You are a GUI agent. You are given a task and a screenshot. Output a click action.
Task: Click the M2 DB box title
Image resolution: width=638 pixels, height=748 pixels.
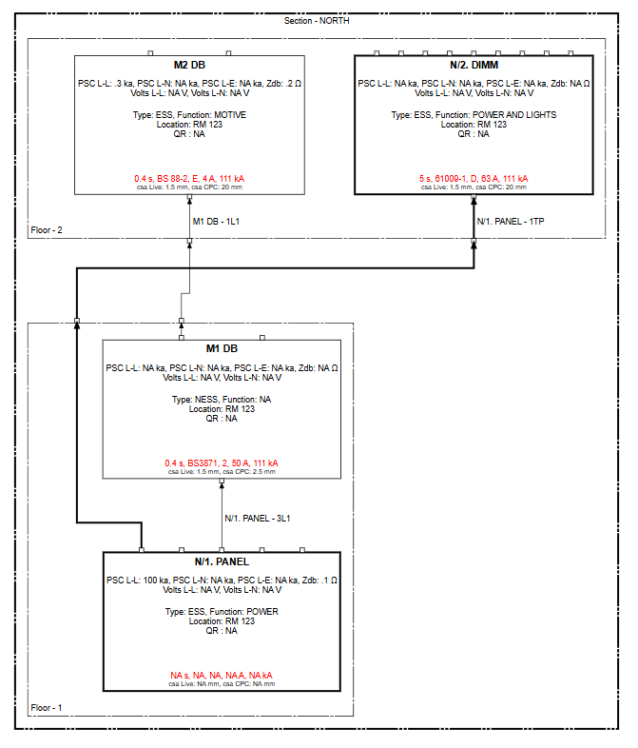[x=190, y=66]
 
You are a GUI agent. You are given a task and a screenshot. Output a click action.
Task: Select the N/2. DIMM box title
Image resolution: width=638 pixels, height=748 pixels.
[x=474, y=66]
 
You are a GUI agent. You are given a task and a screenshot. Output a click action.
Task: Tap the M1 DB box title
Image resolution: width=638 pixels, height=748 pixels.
[x=222, y=348]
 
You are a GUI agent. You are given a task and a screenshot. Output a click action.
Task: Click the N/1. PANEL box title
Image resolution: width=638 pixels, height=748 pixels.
[x=222, y=561]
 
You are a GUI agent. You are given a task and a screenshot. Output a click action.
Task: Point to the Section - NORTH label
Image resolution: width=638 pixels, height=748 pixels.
[x=317, y=21]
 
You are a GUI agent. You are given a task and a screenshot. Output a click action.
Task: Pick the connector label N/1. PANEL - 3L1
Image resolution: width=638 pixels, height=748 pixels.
[x=257, y=519]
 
